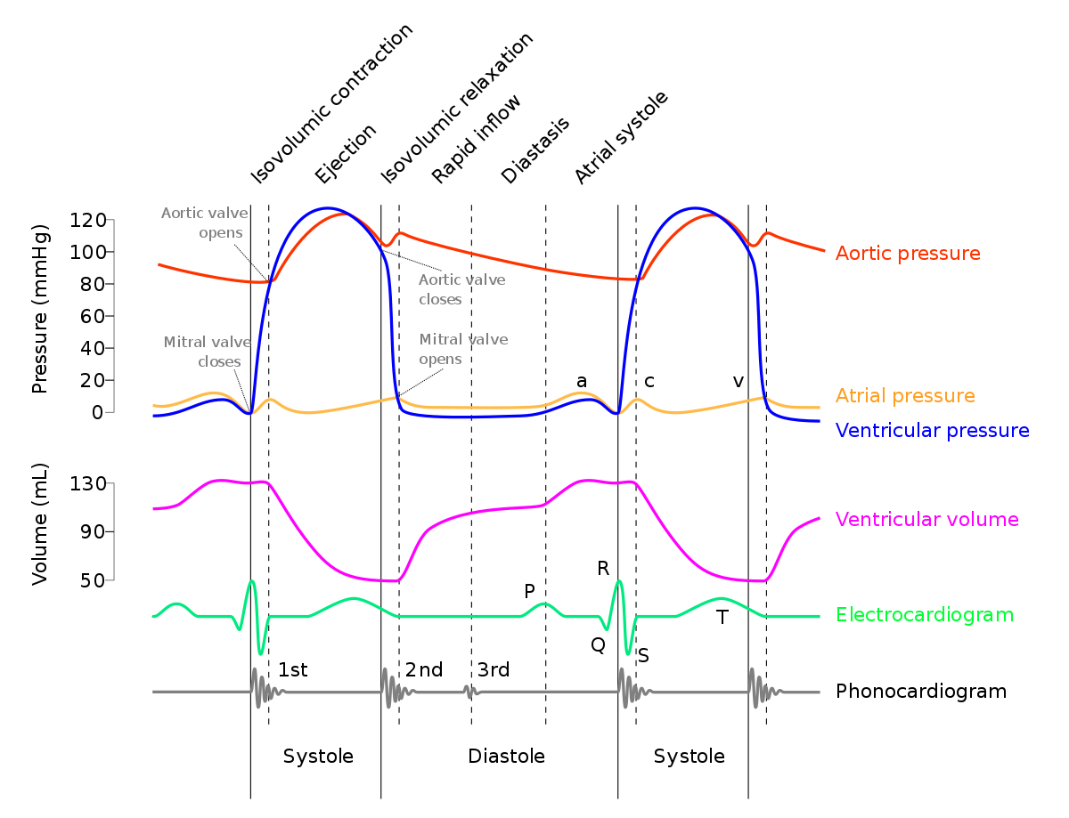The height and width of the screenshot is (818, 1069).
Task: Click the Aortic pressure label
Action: [x=908, y=254]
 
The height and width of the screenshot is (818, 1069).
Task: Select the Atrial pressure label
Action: [x=905, y=395]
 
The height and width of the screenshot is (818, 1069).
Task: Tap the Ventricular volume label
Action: [x=926, y=519]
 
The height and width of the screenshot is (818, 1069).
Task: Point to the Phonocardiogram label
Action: [x=921, y=692]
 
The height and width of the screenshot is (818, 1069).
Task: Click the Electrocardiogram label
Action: [x=925, y=614]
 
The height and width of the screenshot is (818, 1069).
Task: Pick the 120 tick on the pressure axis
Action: [x=87, y=220]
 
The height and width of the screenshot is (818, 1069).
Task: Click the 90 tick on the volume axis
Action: [x=93, y=531]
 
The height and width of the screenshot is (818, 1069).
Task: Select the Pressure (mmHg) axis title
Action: [x=40, y=309]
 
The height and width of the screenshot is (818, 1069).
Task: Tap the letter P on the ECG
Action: [x=529, y=591]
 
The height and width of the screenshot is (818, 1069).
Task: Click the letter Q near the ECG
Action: [x=598, y=644]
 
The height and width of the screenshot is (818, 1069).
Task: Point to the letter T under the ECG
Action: [x=722, y=617]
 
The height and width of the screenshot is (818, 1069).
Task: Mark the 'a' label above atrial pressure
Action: [x=582, y=381]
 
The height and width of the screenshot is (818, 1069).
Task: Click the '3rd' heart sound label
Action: [x=494, y=669]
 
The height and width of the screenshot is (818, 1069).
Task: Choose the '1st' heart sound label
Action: [x=293, y=669]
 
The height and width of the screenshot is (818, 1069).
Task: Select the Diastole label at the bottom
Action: [x=506, y=756]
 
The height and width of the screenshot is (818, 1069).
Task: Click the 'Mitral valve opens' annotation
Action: [x=463, y=349]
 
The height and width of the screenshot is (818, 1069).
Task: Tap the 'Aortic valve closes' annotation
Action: [x=462, y=289]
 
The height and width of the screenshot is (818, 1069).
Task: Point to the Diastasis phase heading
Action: [x=535, y=150]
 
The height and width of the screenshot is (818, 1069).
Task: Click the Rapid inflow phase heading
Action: [x=476, y=139]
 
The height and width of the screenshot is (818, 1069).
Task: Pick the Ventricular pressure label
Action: [x=932, y=431]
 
